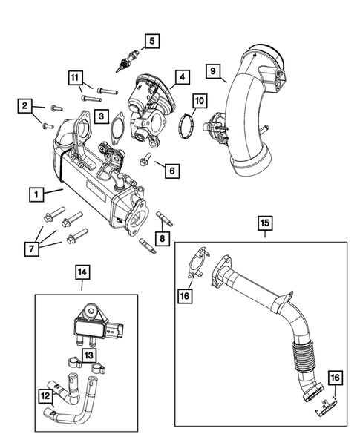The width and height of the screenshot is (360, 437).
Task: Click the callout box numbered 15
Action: pos(264,222)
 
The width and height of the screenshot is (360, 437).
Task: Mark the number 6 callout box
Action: pos(171,171)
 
